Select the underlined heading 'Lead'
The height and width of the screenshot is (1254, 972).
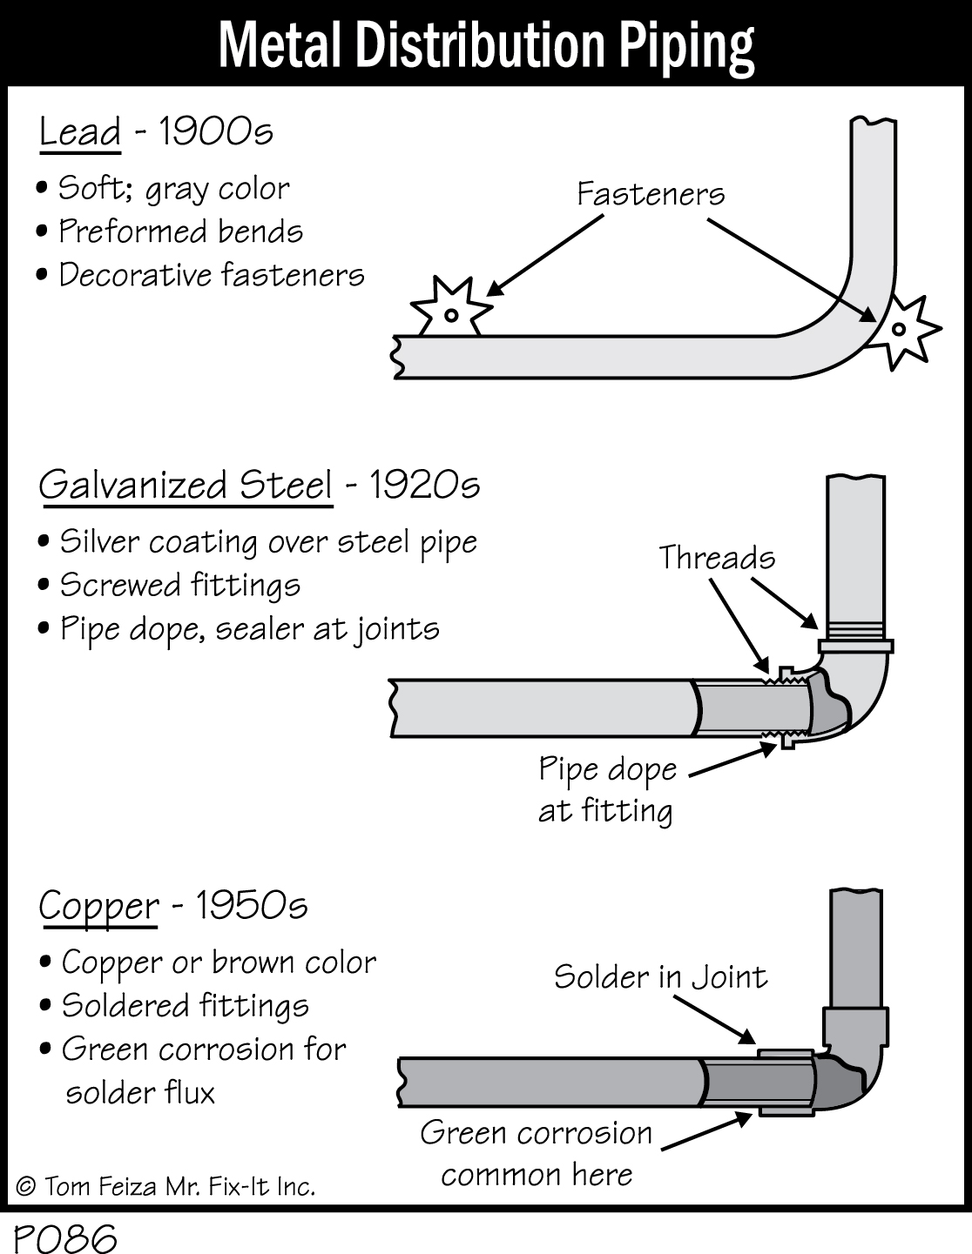point(80,132)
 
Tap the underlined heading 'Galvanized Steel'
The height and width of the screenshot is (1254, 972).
point(186,486)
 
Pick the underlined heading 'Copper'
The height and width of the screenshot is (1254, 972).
point(99,907)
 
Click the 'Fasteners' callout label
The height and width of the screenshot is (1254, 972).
point(651,193)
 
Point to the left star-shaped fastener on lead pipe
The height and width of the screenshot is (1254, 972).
point(450,309)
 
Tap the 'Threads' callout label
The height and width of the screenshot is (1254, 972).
point(716,558)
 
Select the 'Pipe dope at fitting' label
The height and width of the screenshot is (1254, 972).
point(607,789)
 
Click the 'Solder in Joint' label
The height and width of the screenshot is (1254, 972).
point(660,976)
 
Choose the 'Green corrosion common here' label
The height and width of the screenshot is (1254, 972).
point(537,1153)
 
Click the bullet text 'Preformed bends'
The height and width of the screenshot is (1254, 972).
point(180,231)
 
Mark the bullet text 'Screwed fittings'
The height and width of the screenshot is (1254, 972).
point(179,585)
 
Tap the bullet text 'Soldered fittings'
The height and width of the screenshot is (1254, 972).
point(185,1006)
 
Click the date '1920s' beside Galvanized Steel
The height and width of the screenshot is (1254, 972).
point(424,486)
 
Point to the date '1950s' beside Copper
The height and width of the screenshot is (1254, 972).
point(252,906)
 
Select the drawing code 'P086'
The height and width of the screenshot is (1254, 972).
point(64,1237)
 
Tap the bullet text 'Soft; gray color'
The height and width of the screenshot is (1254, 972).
point(173,189)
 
